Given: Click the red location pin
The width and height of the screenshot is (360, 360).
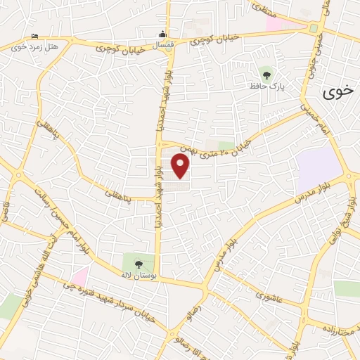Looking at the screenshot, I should click(x=181, y=166).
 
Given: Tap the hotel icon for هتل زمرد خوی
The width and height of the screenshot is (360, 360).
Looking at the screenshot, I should click(x=34, y=37).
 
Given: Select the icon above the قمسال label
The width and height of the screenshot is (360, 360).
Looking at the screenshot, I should click(x=163, y=34).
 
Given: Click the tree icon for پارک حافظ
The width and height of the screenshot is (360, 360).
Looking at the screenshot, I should click(x=266, y=73).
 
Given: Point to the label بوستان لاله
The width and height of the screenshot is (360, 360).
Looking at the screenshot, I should click(x=141, y=274).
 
